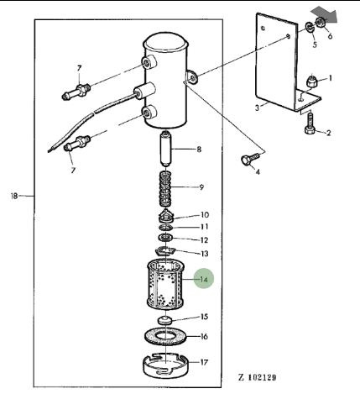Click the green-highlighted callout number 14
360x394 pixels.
click(204, 279)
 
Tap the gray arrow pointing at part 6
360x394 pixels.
click(326, 14)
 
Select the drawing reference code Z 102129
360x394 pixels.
click(258, 377)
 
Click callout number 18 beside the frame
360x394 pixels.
click(14, 196)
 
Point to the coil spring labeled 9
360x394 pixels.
click(165, 189)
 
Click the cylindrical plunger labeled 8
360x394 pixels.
click(165, 150)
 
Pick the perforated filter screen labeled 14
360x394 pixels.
click(165, 285)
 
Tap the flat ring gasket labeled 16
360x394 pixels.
click(165, 335)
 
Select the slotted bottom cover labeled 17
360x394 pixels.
click(166, 365)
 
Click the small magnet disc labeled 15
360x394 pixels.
click(164, 320)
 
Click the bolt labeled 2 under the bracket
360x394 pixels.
click(310, 124)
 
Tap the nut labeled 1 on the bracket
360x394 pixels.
click(312, 81)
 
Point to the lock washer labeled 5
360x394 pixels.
click(309, 28)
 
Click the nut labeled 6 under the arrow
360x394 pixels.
click(321, 22)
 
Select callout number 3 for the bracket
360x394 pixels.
click(257, 108)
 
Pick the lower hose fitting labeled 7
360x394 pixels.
click(77, 143)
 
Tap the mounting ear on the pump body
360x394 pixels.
click(191, 76)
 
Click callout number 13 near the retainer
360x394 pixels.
click(205, 254)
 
